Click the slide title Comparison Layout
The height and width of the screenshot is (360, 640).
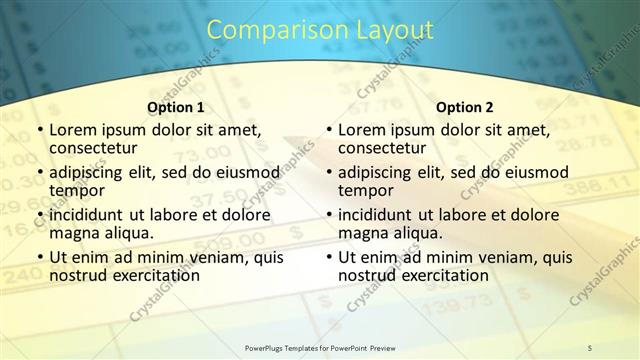(320, 30)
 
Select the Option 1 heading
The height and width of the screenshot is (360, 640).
(175, 107)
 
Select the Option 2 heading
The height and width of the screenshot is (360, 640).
(465, 107)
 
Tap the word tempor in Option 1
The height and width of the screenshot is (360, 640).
(76, 190)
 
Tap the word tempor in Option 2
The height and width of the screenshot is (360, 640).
(365, 190)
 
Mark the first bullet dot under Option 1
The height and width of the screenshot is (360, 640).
(39, 131)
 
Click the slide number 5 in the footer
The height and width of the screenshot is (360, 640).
(590, 347)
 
